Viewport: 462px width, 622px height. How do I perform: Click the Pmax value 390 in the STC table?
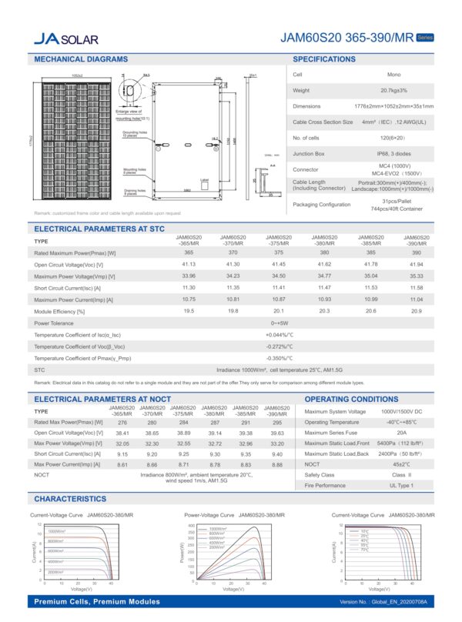pos(416,252)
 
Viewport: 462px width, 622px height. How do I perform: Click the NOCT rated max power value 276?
pos(122,422)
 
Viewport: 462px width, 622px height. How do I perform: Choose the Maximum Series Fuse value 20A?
pos(401,433)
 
